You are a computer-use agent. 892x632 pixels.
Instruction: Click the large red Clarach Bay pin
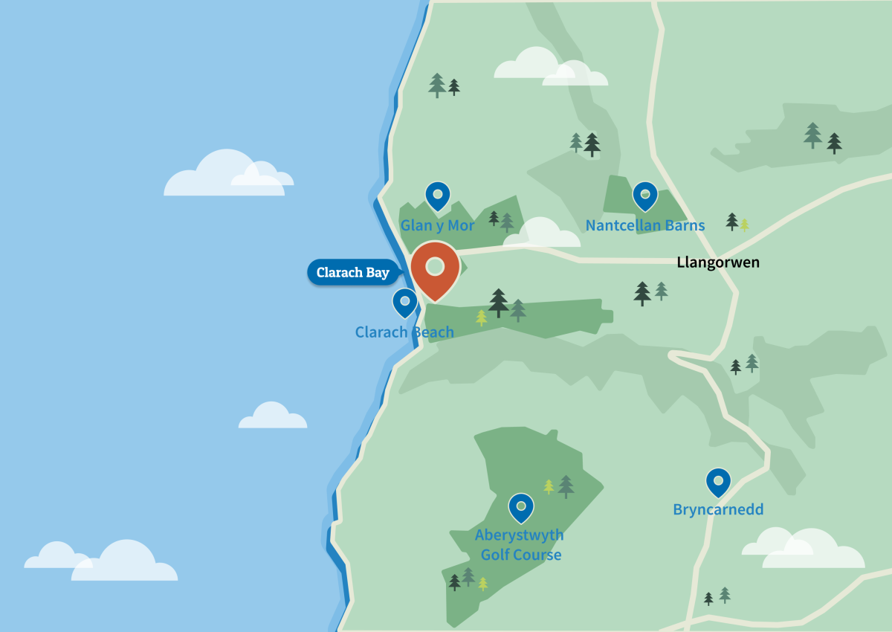click(435, 269)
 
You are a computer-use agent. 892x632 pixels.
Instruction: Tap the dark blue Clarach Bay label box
click(352, 272)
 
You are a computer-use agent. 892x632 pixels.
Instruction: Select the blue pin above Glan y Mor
click(437, 196)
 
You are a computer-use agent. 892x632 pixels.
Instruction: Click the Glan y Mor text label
click(437, 225)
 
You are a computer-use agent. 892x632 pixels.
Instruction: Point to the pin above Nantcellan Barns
click(644, 196)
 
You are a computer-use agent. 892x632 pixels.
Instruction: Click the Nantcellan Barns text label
click(644, 225)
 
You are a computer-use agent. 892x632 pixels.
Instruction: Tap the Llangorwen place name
click(718, 262)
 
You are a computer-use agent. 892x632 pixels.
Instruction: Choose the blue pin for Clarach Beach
click(404, 303)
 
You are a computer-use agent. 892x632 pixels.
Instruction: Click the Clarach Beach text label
click(404, 332)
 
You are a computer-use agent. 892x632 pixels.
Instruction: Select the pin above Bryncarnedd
click(718, 483)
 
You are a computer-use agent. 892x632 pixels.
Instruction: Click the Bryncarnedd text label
click(718, 510)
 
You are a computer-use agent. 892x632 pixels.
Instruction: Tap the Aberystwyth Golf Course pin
click(521, 507)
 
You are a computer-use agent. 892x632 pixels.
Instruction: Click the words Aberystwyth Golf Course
click(520, 545)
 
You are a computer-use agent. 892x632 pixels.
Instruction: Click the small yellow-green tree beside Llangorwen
click(744, 224)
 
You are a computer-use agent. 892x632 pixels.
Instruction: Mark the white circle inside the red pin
click(435, 266)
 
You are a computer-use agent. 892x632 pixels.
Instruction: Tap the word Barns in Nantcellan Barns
click(685, 225)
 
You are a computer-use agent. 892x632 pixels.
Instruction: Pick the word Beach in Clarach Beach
click(431, 332)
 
